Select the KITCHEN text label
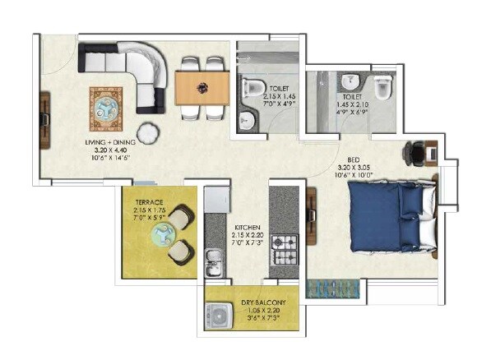(x=248, y=227)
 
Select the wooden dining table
(x=201, y=86)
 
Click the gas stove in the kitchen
(x=284, y=245)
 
